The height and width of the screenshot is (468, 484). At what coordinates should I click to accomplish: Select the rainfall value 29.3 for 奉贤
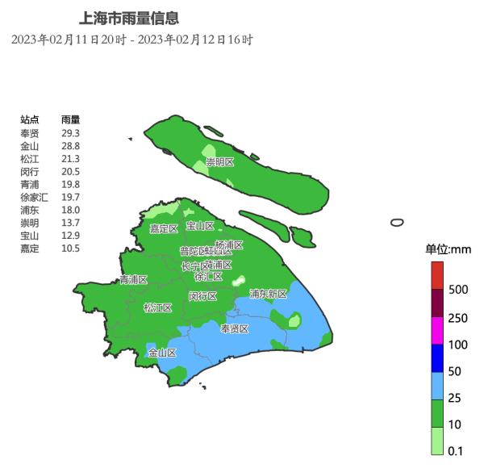click(70, 133)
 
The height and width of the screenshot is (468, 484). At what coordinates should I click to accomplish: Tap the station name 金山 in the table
click(29, 146)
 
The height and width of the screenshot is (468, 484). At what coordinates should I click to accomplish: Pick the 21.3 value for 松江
click(70, 159)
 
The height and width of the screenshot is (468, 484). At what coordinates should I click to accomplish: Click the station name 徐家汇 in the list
click(34, 197)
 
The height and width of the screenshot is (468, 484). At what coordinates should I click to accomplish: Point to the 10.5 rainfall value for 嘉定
click(70, 249)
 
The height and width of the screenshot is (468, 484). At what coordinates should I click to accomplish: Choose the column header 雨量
click(70, 119)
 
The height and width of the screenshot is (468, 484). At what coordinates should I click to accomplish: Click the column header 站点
click(29, 119)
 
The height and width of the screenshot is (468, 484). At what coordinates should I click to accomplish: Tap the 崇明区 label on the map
click(219, 162)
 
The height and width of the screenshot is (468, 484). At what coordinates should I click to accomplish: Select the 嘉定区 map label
click(164, 228)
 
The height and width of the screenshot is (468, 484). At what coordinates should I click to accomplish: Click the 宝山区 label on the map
click(200, 226)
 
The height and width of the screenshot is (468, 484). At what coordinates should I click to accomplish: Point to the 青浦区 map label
click(133, 280)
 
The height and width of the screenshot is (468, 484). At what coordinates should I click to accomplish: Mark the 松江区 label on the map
click(157, 307)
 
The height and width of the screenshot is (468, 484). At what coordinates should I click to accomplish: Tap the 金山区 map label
click(162, 353)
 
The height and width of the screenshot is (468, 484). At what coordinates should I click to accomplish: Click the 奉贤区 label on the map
click(235, 328)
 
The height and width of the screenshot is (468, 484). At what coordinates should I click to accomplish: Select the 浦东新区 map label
click(268, 294)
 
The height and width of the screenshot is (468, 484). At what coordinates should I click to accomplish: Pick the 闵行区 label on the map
click(202, 296)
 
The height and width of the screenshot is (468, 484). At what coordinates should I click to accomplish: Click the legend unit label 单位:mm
click(448, 249)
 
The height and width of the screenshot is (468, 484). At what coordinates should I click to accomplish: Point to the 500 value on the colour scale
click(458, 289)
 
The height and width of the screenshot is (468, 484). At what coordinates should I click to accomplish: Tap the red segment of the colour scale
click(436, 275)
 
